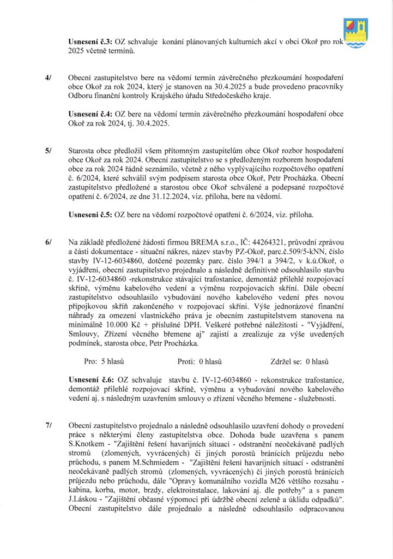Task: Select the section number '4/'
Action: [49, 79]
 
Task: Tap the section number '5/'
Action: [49, 150]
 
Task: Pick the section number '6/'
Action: [49, 241]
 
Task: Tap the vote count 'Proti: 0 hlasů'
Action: [199, 361]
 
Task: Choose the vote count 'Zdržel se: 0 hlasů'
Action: [298, 361]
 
